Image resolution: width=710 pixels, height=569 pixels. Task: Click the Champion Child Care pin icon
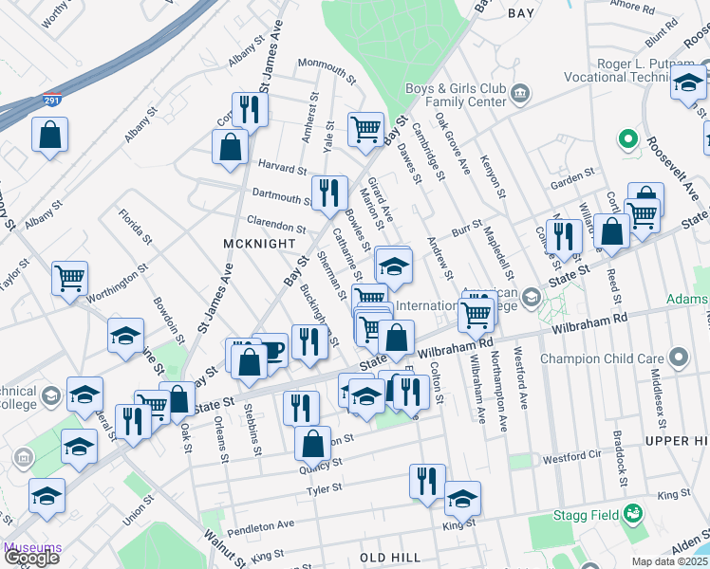pos(678,359)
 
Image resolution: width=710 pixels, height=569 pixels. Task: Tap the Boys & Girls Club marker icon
pos(520,93)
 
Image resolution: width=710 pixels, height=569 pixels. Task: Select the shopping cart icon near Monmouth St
pos(365,128)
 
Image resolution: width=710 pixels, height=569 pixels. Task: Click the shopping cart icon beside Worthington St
pos(70,279)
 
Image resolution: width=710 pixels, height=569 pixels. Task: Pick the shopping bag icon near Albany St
pos(49,134)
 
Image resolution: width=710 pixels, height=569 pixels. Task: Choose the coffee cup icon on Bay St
pos(271,350)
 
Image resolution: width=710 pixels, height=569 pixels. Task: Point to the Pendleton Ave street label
pos(261,524)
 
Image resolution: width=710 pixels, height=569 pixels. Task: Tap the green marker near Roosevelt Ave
pos(626,140)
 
